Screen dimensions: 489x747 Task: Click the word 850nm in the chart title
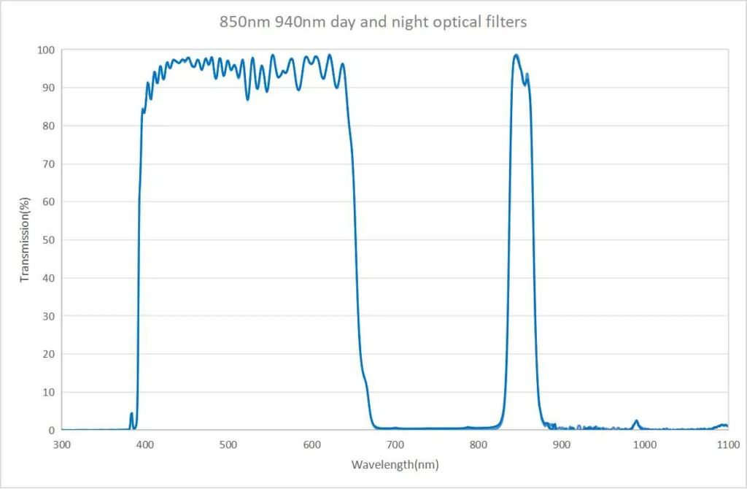coord(240,22)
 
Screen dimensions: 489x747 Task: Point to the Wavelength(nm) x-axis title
coord(395,464)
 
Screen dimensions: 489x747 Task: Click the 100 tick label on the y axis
coord(47,50)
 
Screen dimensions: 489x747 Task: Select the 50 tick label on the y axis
coord(50,239)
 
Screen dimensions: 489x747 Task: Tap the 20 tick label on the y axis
coord(50,354)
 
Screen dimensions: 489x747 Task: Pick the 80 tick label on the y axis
coord(50,126)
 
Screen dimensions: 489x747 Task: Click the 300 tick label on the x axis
coord(62,444)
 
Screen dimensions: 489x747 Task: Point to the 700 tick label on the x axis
coord(395,444)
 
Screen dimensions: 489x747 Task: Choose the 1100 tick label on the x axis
coord(727,444)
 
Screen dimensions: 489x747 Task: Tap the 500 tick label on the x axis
coord(228,444)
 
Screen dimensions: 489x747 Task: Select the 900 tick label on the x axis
coord(561,444)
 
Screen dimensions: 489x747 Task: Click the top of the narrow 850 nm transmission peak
coord(516,55)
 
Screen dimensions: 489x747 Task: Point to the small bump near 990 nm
coord(636,421)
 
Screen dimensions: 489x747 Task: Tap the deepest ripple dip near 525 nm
coord(248,99)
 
